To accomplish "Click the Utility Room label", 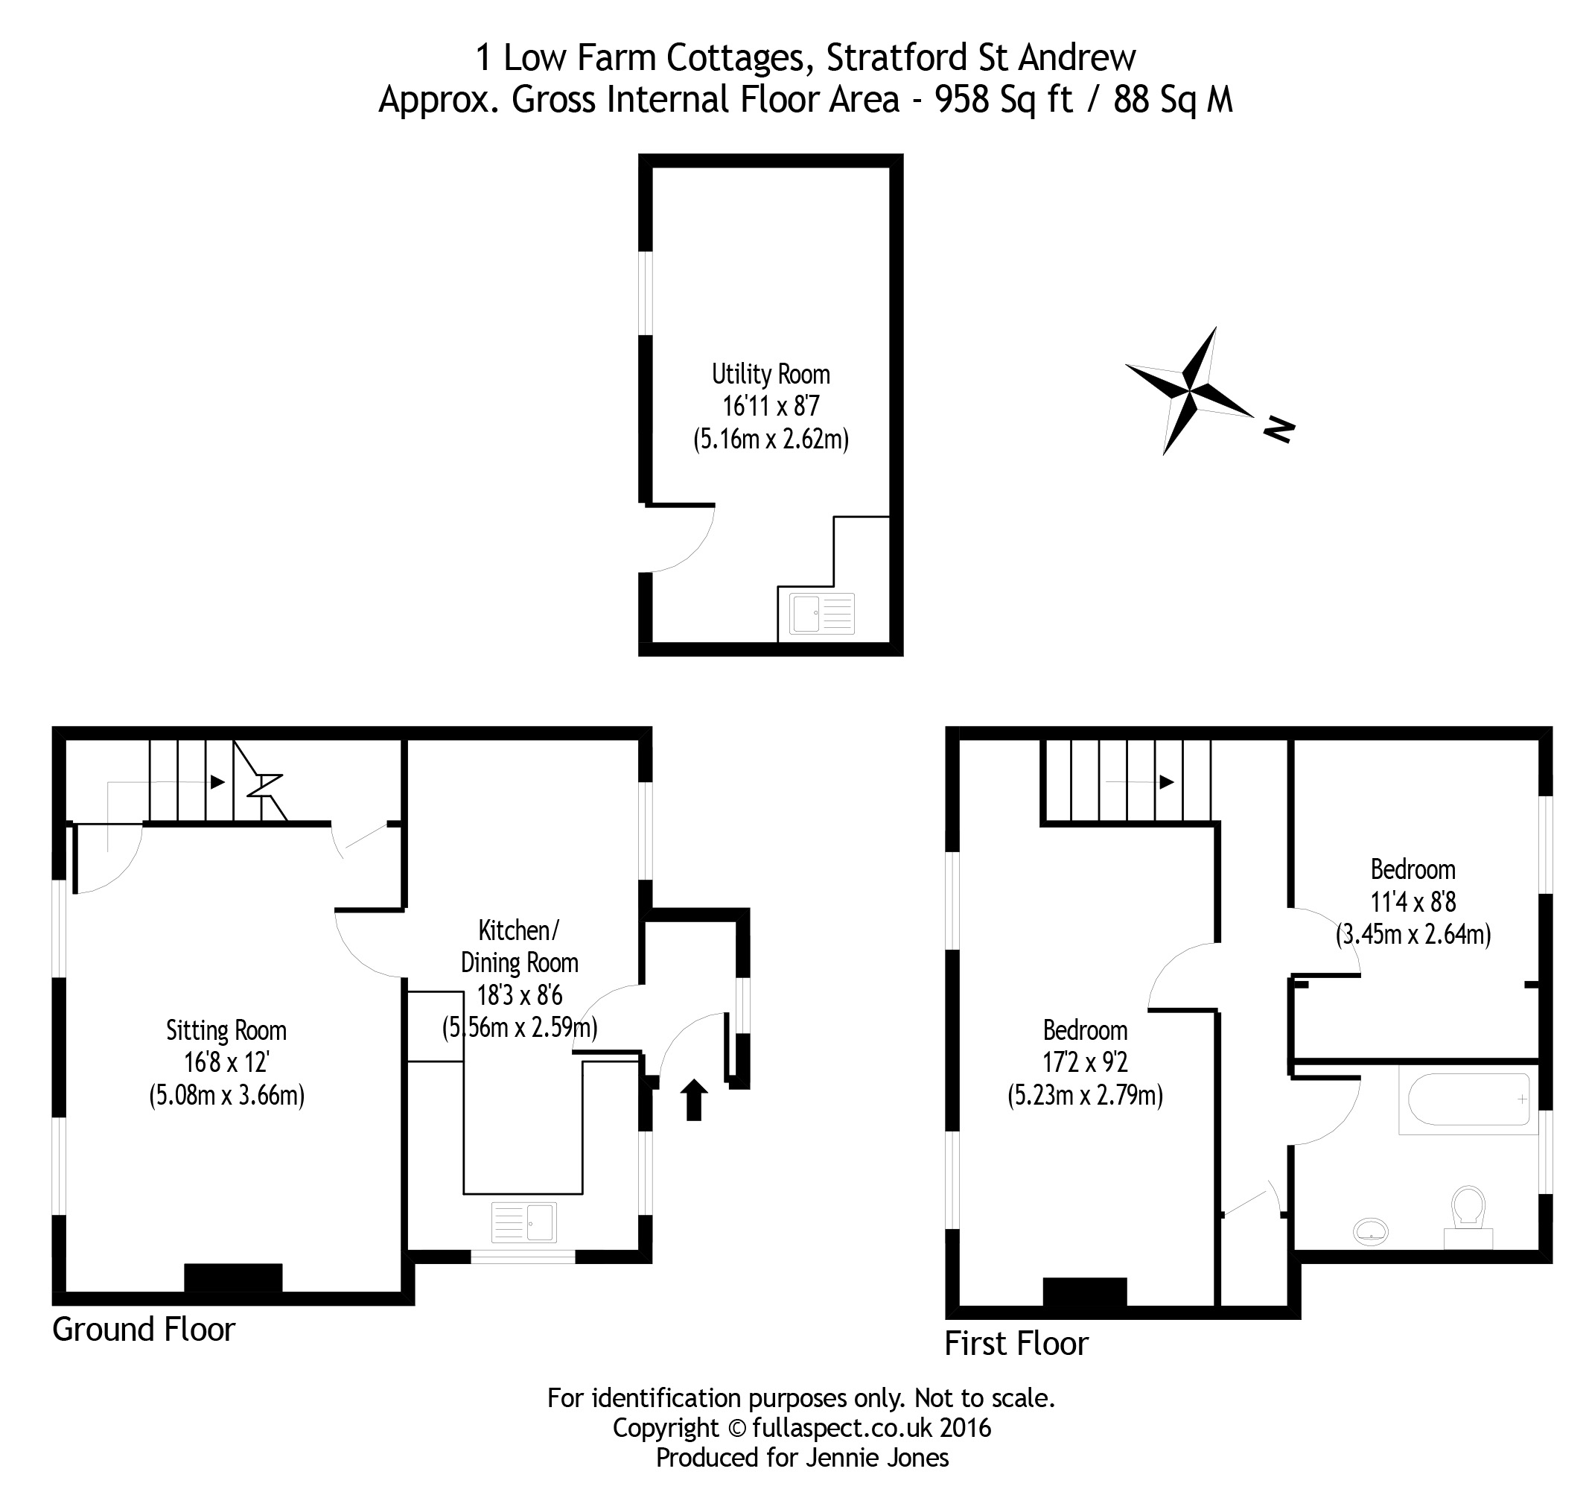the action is pyautogui.click(x=771, y=374).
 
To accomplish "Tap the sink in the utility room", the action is pyautogui.click(x=821, y=613).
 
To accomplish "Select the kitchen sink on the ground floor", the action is pyautogui.click(x=524, y=1222).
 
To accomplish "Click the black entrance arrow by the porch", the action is pyautogui.click(x=694, y=1099).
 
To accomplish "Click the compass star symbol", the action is pyautogui.click(x=1188, y=391).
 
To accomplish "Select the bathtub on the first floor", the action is pyautogui.click(x=1468, y=1099).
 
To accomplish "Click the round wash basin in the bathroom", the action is pyautogui.click(x=1372, y=1231).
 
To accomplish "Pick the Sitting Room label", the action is pyautogui.click(x=226, y=1031).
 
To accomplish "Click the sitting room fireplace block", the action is pyautogui.click(x=233, y=1277).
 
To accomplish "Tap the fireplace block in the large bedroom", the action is pyautogui.click(x=1085, y=1292).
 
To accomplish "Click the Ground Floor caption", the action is pyautogui.click(x=144, y=1330).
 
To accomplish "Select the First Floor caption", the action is pyautogui.click(x=1016, y=1344).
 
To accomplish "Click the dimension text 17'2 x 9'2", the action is pyautogui.click(x=1085, y=1063).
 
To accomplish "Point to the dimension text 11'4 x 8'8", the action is pyautogui.click(x=1413, y=902).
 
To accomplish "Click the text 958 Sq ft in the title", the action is pyautogui.click(x=1004, y=100).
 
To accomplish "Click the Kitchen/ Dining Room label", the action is pyautogui.click(x=520, y=947).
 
